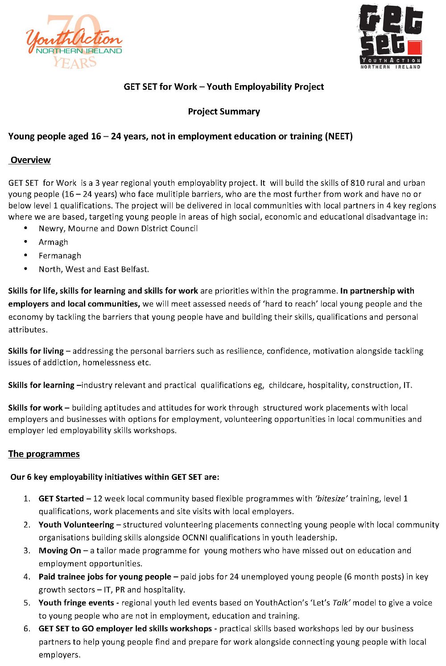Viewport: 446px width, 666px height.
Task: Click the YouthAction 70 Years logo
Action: point(74,41)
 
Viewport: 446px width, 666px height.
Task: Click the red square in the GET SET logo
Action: point(414,48)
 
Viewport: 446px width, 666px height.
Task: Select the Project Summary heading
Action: point(224,111)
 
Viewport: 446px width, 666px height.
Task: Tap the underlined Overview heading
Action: point(30,160)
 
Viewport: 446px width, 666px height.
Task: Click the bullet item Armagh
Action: point(54,242)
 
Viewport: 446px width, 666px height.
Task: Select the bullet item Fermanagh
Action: point(60,256)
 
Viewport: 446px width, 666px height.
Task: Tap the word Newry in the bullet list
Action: point(50,229)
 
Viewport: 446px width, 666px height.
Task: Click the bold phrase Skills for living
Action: point(36,351)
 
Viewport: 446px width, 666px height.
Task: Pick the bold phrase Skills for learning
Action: point(41,385)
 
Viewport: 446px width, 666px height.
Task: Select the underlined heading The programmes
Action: point(44,454)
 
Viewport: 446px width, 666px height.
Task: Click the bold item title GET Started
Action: point(61,498)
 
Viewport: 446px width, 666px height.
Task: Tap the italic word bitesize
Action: point(331,498)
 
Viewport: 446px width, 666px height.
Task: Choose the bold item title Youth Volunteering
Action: point(76,525)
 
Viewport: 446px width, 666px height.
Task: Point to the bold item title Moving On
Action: point(60,551)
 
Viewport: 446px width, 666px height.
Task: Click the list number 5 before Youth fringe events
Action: point(27,603)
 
